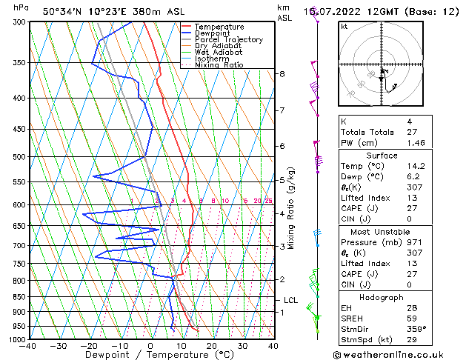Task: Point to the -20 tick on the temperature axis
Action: (89, 345)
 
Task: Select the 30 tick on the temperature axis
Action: (242, 345)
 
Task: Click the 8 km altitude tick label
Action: (282, 74)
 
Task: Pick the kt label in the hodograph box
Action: (344, 26)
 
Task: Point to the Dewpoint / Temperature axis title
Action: (150, 355)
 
